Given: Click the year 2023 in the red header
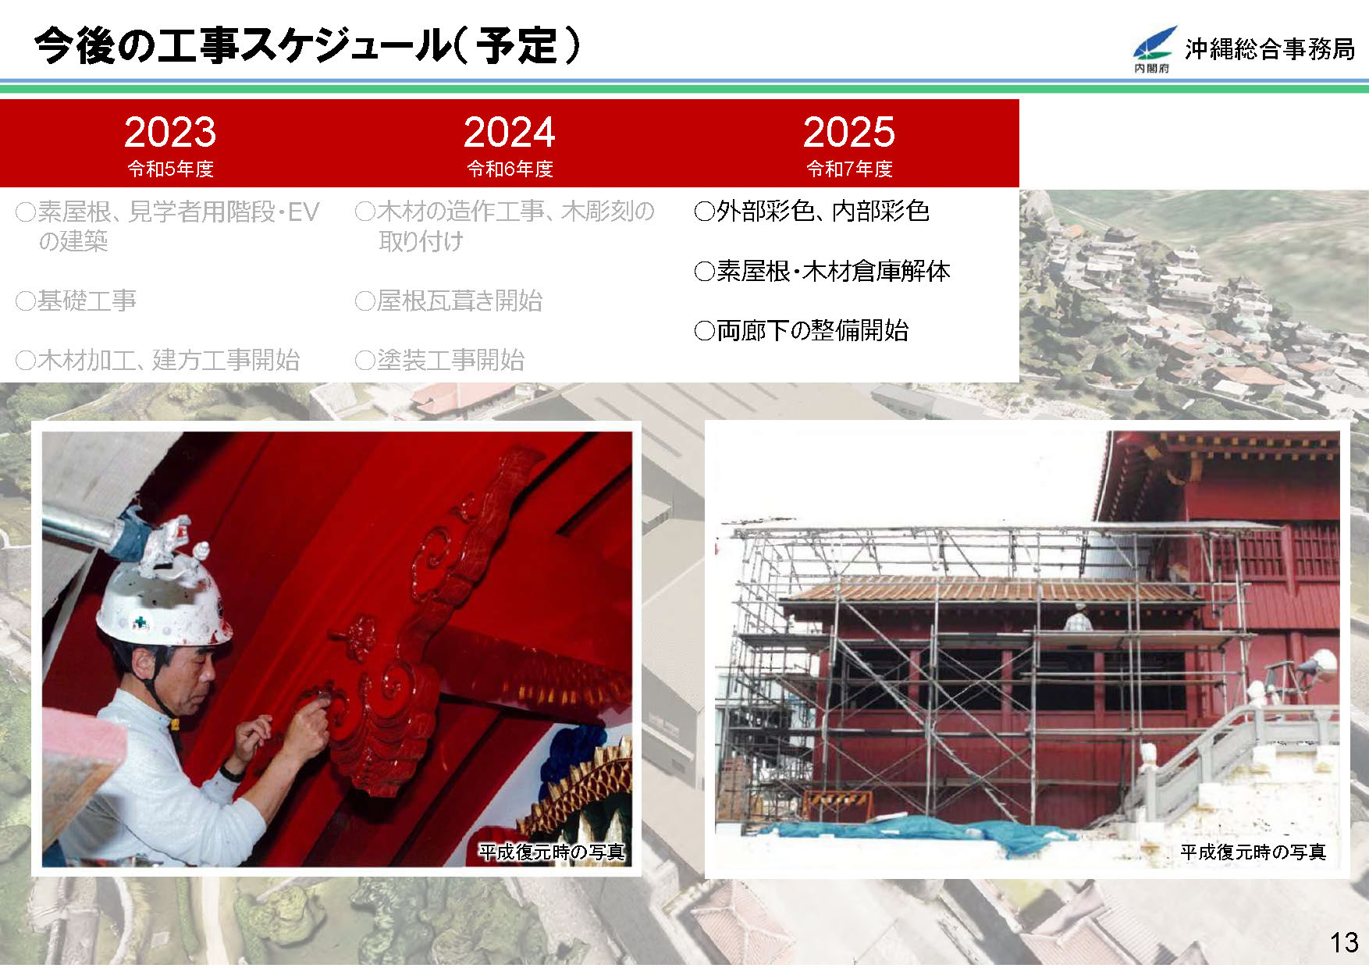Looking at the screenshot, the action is (x=170, y=132).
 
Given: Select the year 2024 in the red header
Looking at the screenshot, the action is (x=510, y=132).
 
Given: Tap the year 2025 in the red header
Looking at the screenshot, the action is (x=849, y=132).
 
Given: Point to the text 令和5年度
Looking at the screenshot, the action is (x=170, y=169).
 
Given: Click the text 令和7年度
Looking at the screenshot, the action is (x=849, y=169).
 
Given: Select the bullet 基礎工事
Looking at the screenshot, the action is (x=76, y=301).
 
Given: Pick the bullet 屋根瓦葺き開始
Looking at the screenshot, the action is (x=449, y=301).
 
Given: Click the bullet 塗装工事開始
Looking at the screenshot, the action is (x=440, y=360).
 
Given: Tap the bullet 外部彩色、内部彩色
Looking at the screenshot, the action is (x=812, y=211).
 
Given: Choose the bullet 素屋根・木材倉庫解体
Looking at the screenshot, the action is (x=823, y=271).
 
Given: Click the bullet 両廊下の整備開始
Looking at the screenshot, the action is (x=802, y=330).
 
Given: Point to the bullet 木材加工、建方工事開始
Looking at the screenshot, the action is (x=158, y=360).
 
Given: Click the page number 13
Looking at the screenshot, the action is (x=1344, y=942).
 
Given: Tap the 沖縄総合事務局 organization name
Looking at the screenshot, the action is (x=1270, y=48).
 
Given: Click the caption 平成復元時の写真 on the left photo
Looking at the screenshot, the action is (x=552, y=852).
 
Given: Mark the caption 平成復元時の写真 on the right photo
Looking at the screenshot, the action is (x=1253, y=852).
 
